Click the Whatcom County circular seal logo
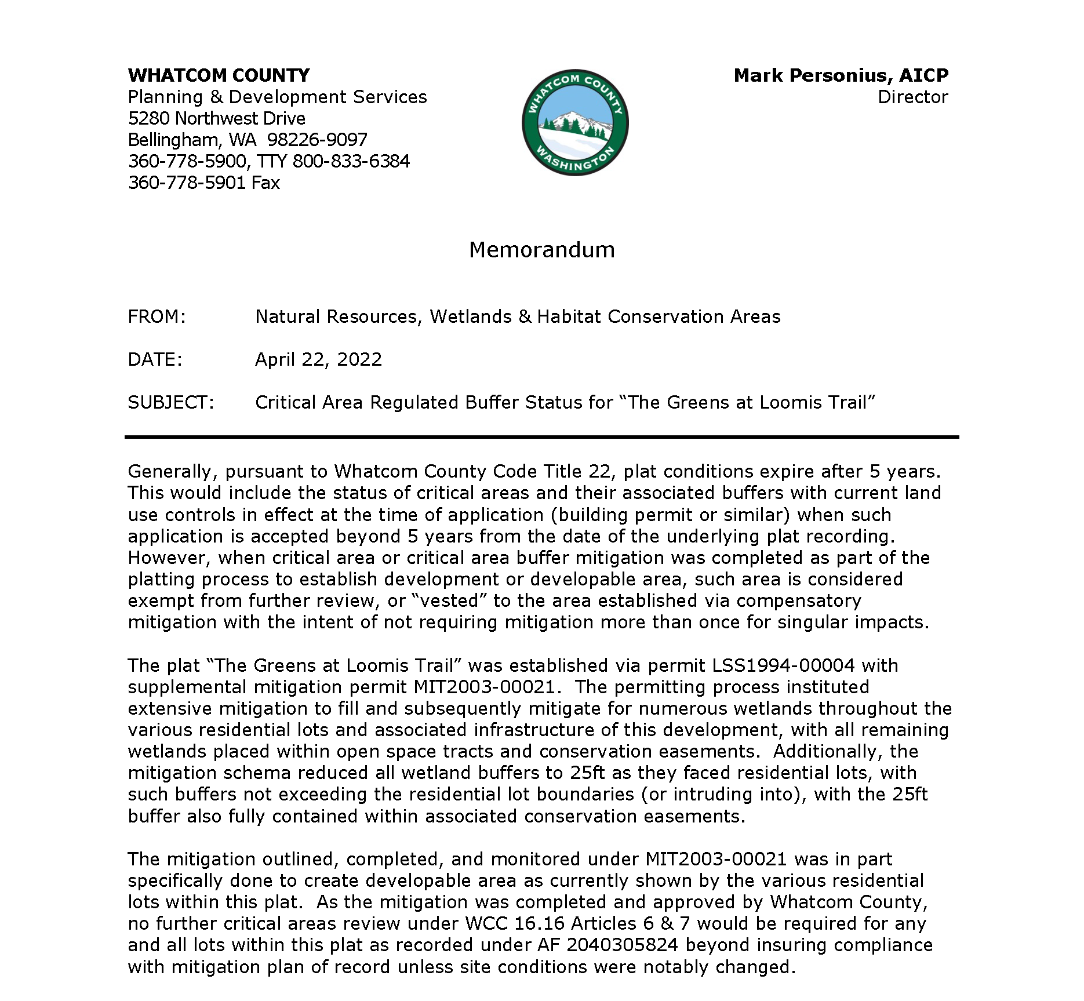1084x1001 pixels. click(575, 123)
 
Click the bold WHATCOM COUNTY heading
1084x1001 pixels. click(219, 75)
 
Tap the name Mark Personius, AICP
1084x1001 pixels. click(841, 75)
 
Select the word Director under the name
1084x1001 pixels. click(912, 97)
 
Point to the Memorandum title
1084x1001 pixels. click(541, 250)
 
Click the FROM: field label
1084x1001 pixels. click(157, 316)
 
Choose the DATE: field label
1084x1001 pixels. click(155, 359)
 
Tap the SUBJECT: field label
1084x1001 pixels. click(171, 402)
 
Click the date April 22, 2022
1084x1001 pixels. click(318, 359)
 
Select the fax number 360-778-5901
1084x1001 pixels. click(187, 183)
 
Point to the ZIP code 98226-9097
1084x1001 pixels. click(317, 140)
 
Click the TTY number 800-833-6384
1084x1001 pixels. click(351, 161)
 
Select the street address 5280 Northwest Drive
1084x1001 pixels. click(216, 118)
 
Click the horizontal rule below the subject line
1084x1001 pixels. click(541, 437)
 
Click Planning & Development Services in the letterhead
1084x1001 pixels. click(277, 97)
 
